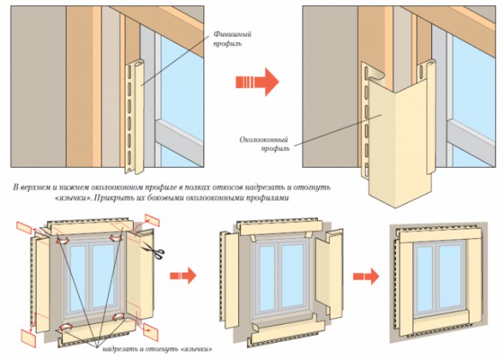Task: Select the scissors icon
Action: tap(158, 253)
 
